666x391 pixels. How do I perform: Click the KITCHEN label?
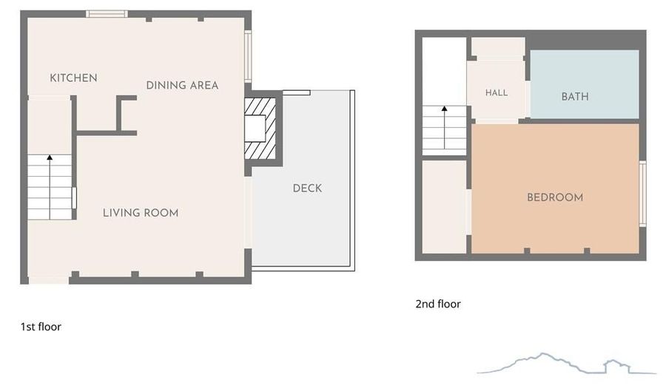pos(73,78)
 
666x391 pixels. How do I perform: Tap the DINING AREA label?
pos(182,85)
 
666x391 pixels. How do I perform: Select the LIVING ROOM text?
pos(141,213)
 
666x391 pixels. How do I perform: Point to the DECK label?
pos(308,188)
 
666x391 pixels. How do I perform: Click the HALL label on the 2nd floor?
pos(497,93)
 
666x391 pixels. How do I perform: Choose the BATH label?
pos(575,97)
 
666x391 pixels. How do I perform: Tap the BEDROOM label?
pos(555,197)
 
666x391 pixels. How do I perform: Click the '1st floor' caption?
pos(41,327)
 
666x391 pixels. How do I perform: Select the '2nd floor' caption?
pos(438,304)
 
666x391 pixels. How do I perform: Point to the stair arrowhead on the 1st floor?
pos(50,157)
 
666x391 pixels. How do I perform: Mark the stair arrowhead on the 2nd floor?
pos(444,109)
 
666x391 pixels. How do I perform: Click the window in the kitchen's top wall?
pos(107,13)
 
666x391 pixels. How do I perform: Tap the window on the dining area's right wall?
pos(248,56)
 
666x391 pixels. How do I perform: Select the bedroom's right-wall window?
pos(642,194)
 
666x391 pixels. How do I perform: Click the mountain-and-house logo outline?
pos(566,364)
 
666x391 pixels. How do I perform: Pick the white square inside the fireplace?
pos(255,129)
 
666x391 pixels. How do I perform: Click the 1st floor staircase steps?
pos(50,187)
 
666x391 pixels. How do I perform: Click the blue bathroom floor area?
pos(585,84)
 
